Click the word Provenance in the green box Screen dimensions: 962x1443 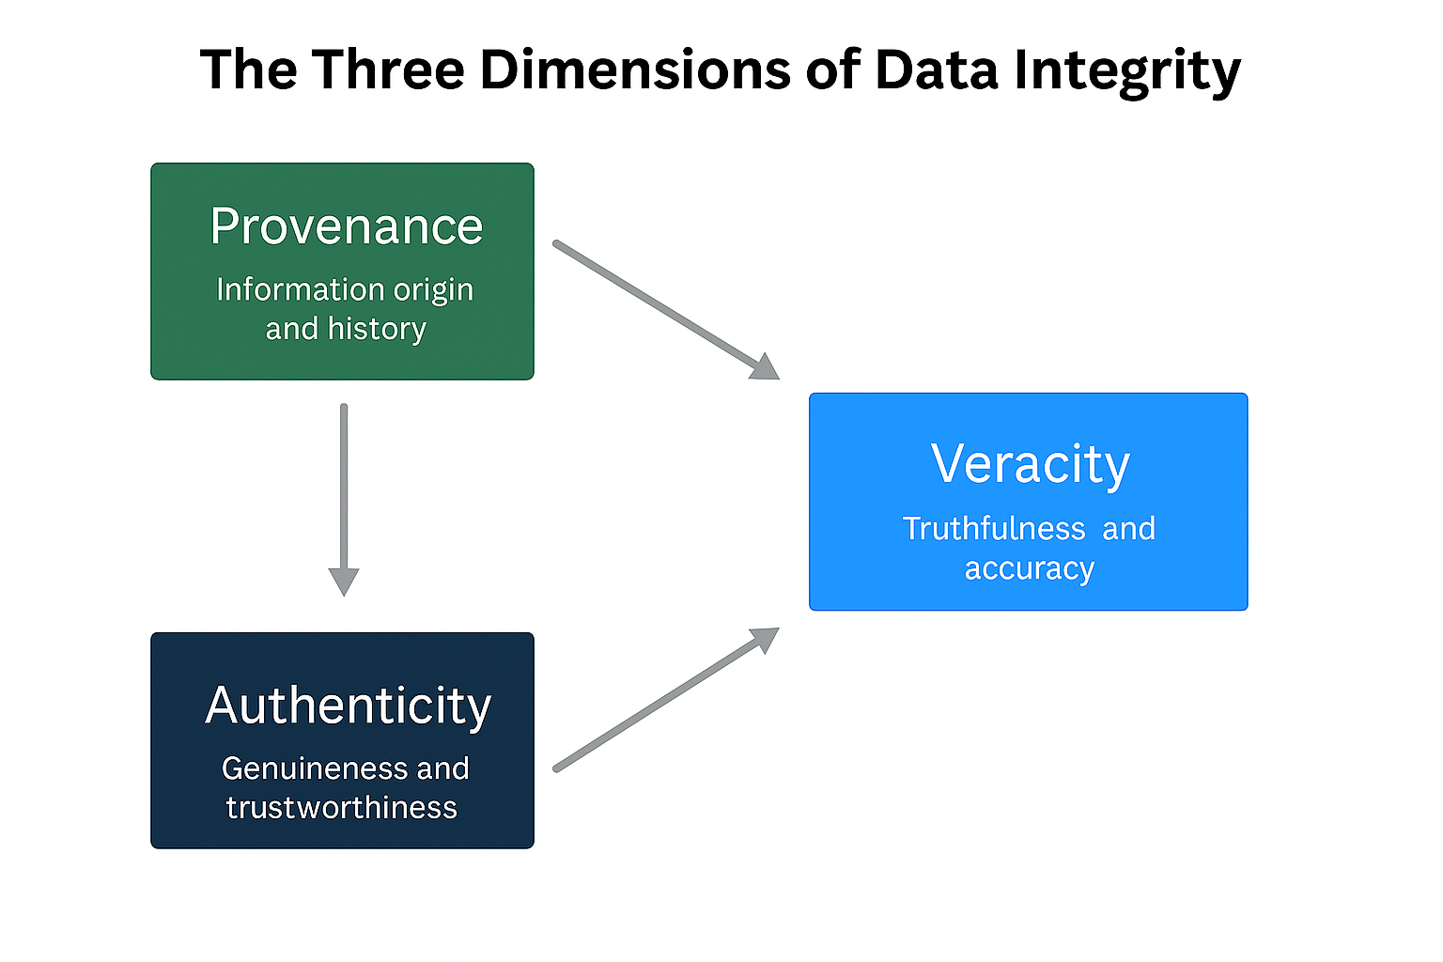[x=346, y=226]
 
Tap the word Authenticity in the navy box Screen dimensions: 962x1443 [x=348, y=706]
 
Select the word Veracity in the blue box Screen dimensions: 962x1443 [x=1030, y=464]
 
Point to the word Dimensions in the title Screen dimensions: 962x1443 [x=635, y=70]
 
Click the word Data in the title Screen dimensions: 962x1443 [x=935, y=70]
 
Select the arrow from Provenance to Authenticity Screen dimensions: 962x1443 [x=344, y=489]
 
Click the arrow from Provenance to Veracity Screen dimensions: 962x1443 [x=658, y=304]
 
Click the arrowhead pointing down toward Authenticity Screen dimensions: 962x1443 [x=344, y=581]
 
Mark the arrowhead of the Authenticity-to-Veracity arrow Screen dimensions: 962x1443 [x=766, y=639]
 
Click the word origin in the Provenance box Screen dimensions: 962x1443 [x=433, y=290]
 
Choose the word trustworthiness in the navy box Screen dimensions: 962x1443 [x=342, y=808]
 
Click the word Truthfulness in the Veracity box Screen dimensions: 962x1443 [x=994, y=529]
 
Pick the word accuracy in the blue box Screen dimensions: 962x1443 [x=1030, y=569]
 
